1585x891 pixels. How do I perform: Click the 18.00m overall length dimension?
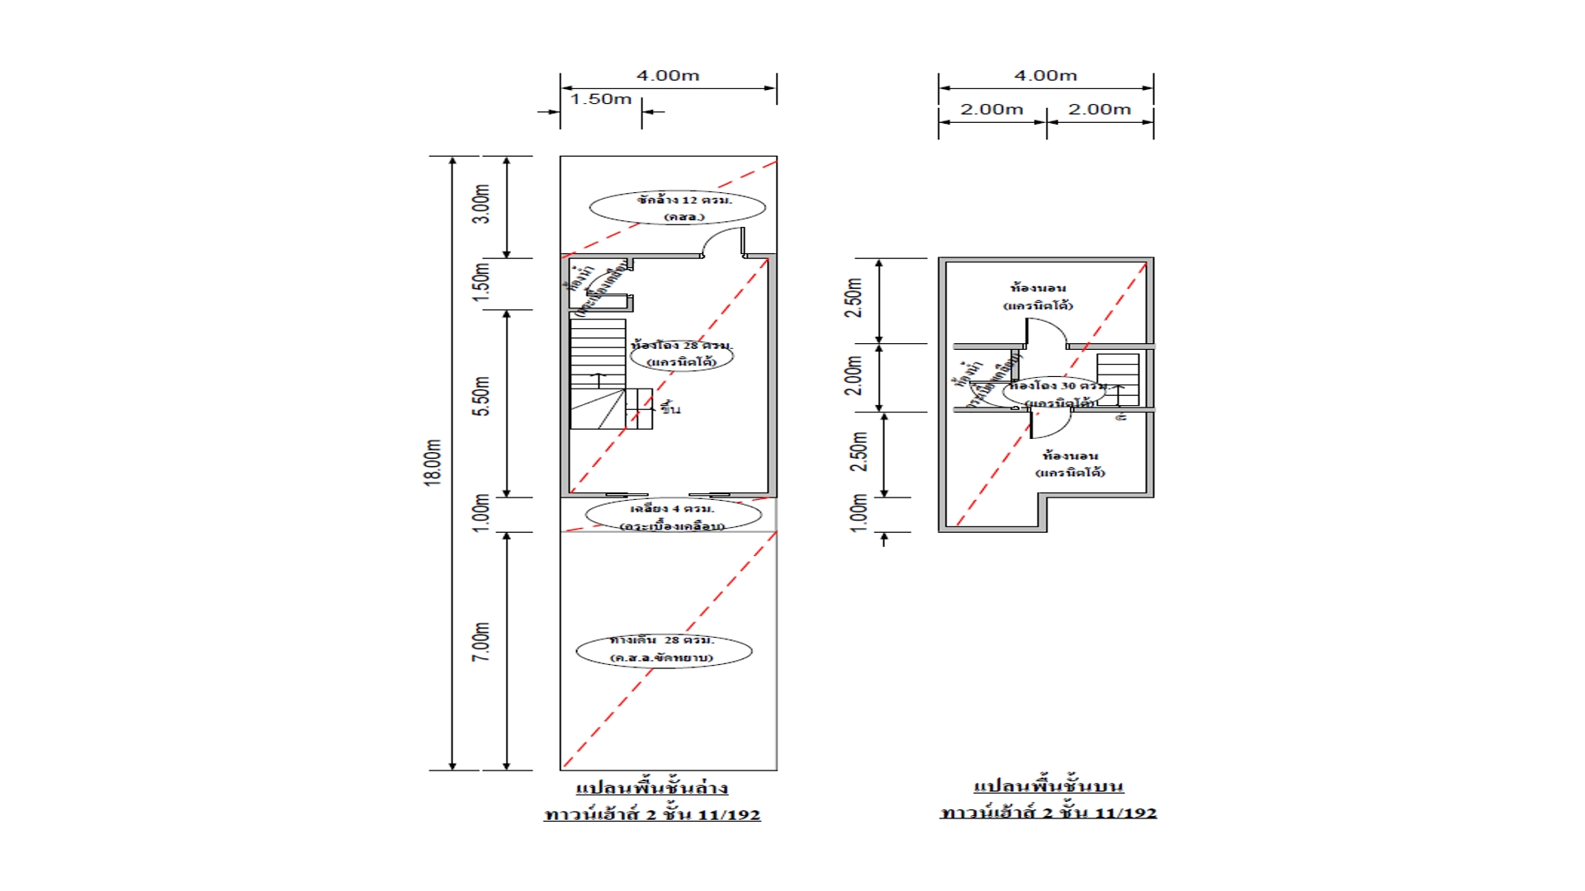click(x=433, y=463)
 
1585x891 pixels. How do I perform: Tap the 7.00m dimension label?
click(x=481, y=642)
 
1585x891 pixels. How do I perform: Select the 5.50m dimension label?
click(x=481, y=397)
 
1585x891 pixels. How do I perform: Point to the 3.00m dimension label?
click(x=481, y=204)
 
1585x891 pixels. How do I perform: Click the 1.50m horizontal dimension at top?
click(x=600, y=99)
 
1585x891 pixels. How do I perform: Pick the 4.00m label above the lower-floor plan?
click(x=668, y=76)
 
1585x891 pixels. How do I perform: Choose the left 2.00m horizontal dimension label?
click(x=991, y=110)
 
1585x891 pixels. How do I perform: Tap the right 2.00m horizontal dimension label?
click(x=1099, y=110)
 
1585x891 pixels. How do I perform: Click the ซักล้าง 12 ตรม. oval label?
click(x=678, y=207)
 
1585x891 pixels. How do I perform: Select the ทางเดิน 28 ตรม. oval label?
click(x=664, y=649)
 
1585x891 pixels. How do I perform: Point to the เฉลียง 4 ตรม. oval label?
click(x=673, y=516)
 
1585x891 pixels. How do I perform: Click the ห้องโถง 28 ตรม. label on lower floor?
click(x=682, y=353)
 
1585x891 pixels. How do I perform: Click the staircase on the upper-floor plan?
click(x=1118, y=379)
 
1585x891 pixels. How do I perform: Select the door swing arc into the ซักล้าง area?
click(x=723, y=241)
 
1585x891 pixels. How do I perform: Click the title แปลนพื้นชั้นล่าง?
click(x=651, y=788)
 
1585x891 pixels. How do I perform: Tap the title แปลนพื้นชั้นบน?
click(x=1048, y=785)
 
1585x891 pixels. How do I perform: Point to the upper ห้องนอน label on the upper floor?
click(x=1039, y=296)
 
